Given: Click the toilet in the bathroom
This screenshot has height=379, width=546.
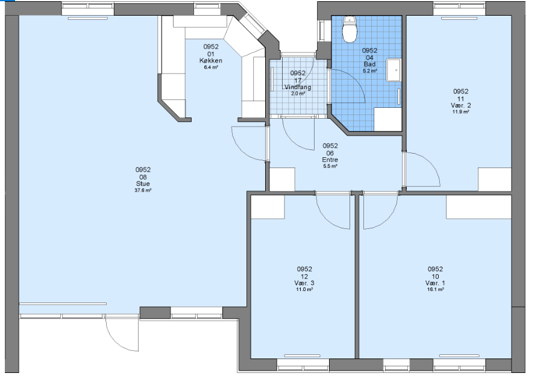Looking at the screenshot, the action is tap(350, 30).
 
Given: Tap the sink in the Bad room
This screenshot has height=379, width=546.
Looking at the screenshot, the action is tap(394, 70).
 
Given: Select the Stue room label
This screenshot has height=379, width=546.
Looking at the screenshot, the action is tap(143, 184).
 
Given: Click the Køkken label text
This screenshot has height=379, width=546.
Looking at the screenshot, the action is tap(211, 61).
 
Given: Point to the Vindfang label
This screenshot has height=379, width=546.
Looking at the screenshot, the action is tap(298, 87).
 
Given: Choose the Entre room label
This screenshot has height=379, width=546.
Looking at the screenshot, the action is tap(330, 160).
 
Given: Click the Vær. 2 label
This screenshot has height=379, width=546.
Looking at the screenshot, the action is tap(460, 105).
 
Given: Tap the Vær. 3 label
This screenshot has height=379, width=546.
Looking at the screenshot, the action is tap(304, 283).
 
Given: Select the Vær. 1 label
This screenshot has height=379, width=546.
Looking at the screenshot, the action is tap(435, 283).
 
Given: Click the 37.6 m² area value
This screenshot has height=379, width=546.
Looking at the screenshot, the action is tap(143, 190).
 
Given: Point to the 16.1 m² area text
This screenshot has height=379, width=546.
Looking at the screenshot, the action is tap(435, 289).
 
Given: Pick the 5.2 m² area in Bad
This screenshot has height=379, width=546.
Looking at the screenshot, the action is tap(370, 70).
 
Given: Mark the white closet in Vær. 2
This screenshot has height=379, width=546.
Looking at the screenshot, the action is tap(494, 179).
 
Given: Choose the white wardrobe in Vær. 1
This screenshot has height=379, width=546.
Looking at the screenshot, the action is tap(479, 207).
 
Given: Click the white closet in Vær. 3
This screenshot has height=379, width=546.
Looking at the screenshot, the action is tap(268, 207).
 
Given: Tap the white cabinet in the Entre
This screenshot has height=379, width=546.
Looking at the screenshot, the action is tap(283, 179).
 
